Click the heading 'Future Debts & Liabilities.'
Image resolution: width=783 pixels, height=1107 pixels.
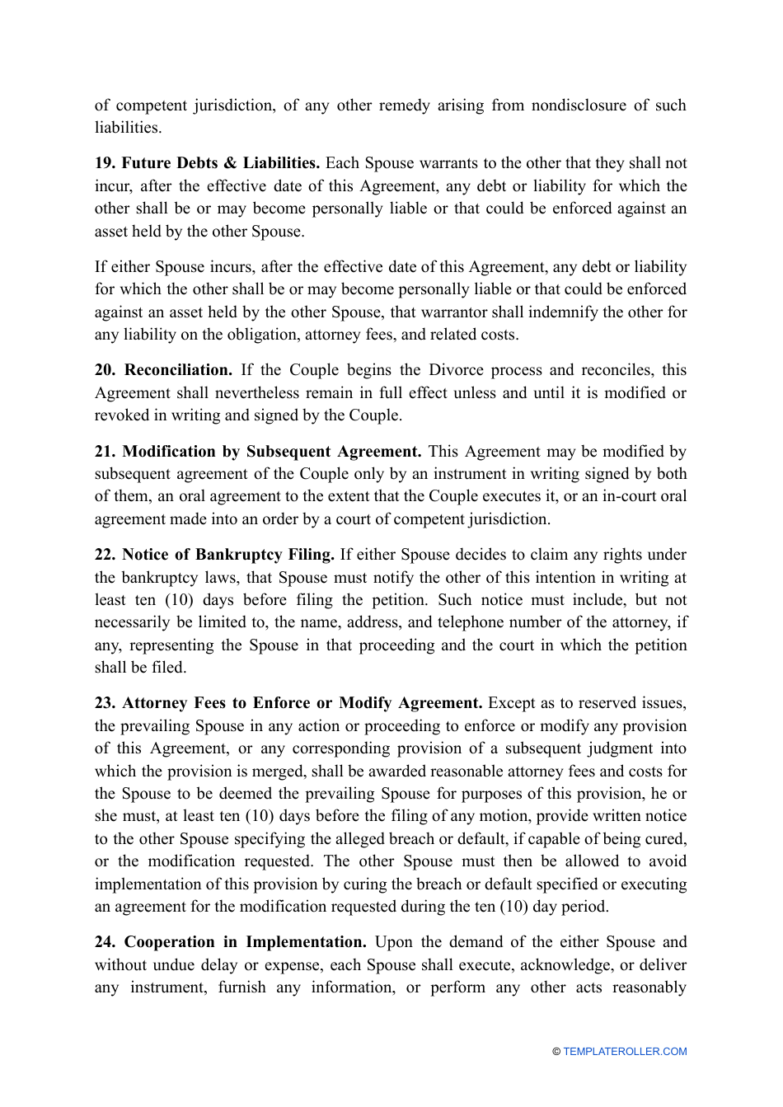pos(220,163)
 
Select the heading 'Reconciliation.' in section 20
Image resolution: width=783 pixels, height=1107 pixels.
pos(178,370)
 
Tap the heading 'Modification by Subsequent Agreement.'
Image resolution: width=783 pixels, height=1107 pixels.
pos(272,452)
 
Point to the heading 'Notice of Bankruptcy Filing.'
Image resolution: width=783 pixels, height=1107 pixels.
pos(228,555)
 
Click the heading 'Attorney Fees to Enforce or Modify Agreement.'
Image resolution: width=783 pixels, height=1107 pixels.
pos(302,703)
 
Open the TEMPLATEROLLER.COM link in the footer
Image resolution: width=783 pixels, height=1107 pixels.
pos(625,1052)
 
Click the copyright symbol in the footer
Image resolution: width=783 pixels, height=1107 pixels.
pos(556,1052)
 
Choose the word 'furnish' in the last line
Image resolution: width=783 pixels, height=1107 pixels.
pos(241,987)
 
